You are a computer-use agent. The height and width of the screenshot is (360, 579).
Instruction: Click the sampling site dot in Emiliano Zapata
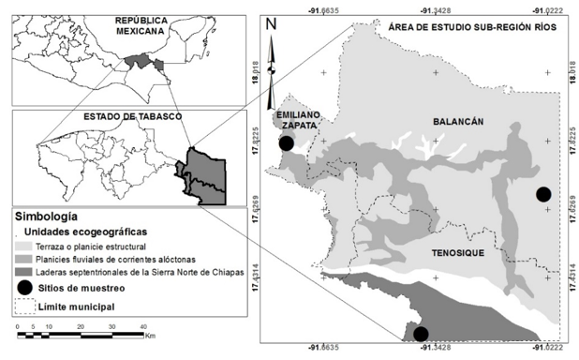point(287,143)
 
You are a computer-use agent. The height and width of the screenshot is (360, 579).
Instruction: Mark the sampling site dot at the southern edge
point(421,334)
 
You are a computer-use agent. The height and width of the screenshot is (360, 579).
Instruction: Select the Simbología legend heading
point(45,216)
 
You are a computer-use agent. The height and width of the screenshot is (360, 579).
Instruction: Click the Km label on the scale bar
point(149,335)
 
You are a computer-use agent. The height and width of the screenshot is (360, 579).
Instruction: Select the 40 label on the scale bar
point(142,325)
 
